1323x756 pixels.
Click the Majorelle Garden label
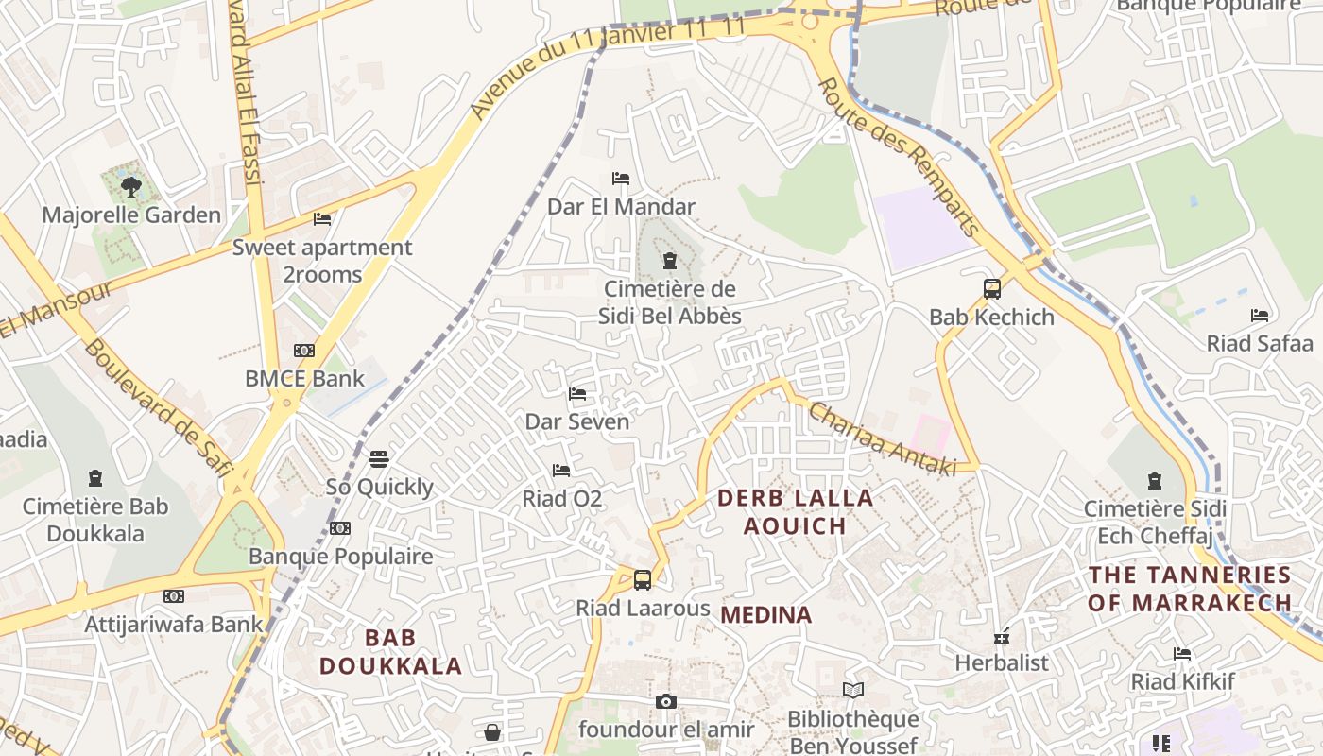[131, 215]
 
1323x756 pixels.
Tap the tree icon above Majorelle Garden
[130, 186]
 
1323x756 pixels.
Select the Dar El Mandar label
[621, 206]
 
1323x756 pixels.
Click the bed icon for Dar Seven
[577, 394]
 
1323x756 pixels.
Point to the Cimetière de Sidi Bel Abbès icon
[670, 261]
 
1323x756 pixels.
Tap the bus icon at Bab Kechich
[991, 289]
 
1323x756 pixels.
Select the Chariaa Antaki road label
[882, 439]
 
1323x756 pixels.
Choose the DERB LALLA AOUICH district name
[795, 511]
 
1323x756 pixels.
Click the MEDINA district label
[765, 615]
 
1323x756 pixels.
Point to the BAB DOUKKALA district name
[390, 652]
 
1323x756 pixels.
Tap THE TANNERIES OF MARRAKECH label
[1189, 589]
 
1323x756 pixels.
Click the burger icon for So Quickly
[379, 459]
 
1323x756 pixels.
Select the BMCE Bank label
[304, 379]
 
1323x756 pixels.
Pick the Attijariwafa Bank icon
[173, 596]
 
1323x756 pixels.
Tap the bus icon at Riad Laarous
[643, 580]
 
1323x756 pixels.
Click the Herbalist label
[1002, 662]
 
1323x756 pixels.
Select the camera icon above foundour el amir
[666, 701]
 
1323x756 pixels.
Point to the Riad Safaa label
[1260, 343]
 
